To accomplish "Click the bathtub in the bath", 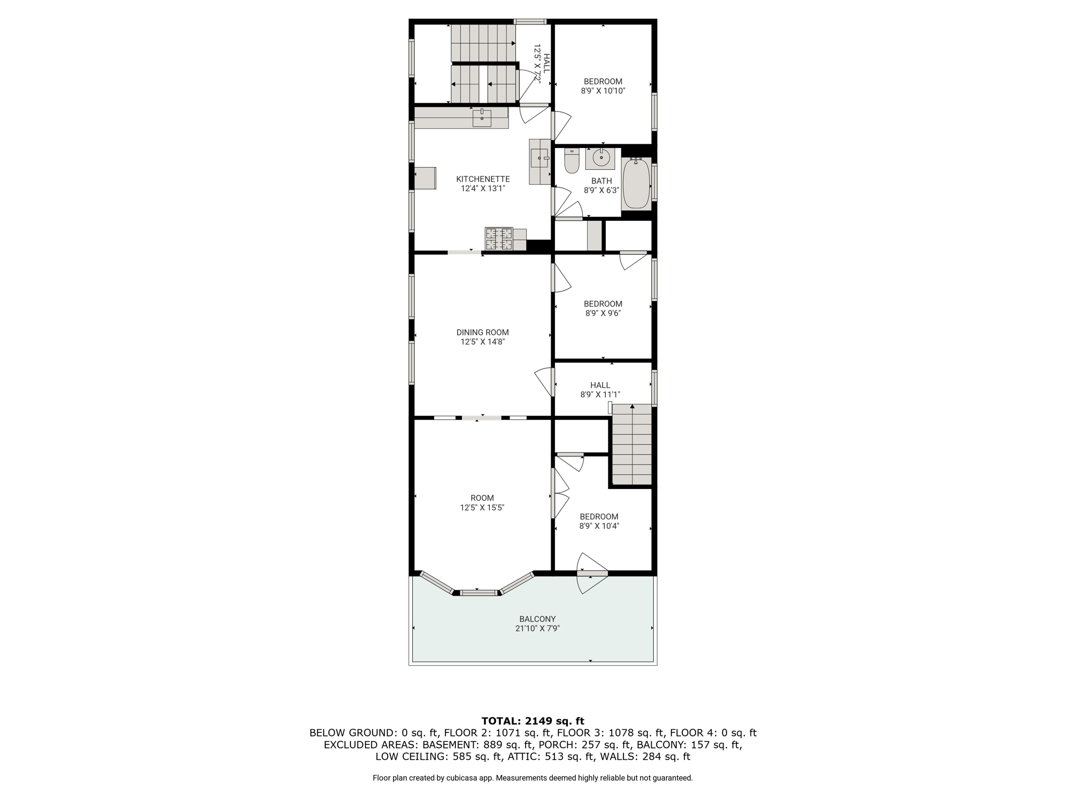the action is click(636, 183).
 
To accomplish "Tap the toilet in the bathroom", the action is click(572, 160).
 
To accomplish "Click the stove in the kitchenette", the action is click(499, 240).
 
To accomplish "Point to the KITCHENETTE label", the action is click(483, 179).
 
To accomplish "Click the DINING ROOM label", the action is click(483, 332).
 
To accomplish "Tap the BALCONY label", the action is click(537, 619).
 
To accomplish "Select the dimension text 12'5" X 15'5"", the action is click(482, 507).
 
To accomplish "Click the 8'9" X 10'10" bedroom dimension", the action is click(603, 91).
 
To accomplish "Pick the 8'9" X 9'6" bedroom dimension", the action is click(603, 313).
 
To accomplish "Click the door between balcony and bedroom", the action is click(592, 573).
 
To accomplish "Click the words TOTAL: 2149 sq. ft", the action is click(533, 721).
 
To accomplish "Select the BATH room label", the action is click(602, 181).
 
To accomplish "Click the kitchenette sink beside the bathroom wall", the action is click(539, 158).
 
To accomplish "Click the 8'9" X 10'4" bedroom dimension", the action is click(599, 526).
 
